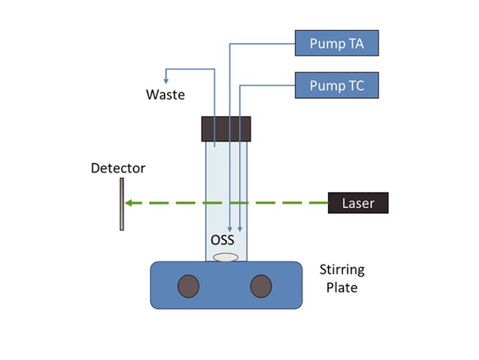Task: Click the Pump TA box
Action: pyautogui.click(x=337, y=44)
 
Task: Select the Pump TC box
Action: pyautogui.click(x=337, y=86)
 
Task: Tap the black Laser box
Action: pyautogui.click(x=358, y=203)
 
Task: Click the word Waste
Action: pyautogui.click(x=165, y=95)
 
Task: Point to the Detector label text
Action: pyautogui.click(x=118, y=168)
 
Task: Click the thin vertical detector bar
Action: pyautogui.click(x=122, y=204)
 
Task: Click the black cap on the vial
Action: pyautogui.click(x=226, y=129)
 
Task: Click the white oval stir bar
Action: pyautogui.click(x=226, y=258)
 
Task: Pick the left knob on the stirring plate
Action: pyautogui.click(x=189, y=286)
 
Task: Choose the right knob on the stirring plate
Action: pyautogui.click(x=260, y=286)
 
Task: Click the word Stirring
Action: pyautogui.click(x=341, y=270)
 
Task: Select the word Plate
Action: pyautogui.click(x=341, y=288)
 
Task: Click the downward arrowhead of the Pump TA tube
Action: pyautogui.click(x=230, y=229)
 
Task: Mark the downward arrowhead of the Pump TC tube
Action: pyautogui.click(x=240, y=228)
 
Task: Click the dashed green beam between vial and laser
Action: pyautogui.click(x=287, y=203)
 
